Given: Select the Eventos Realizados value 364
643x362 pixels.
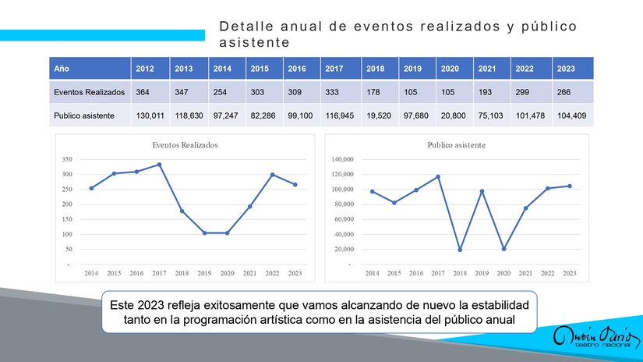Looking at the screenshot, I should tap(143, 92).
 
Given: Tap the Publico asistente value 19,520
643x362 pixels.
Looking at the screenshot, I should tap(378, 116).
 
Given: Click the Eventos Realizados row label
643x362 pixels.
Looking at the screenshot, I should tap(89, 92).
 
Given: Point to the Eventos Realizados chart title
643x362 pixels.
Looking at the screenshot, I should tap(185, 145).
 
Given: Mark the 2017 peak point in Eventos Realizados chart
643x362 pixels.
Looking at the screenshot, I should tap(159, 165).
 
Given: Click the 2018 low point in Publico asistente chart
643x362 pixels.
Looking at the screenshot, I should tap(460, 250).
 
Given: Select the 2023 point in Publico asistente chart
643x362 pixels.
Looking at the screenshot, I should tap(570, 186).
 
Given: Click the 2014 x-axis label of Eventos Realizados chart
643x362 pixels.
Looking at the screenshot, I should tap(91, 273).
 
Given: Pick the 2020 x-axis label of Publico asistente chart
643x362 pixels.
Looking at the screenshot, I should tap(503, 273).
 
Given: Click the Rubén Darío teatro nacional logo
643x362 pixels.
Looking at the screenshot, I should tap(591, 338).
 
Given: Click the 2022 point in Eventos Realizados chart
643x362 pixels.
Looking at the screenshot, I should tap(273, 175).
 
